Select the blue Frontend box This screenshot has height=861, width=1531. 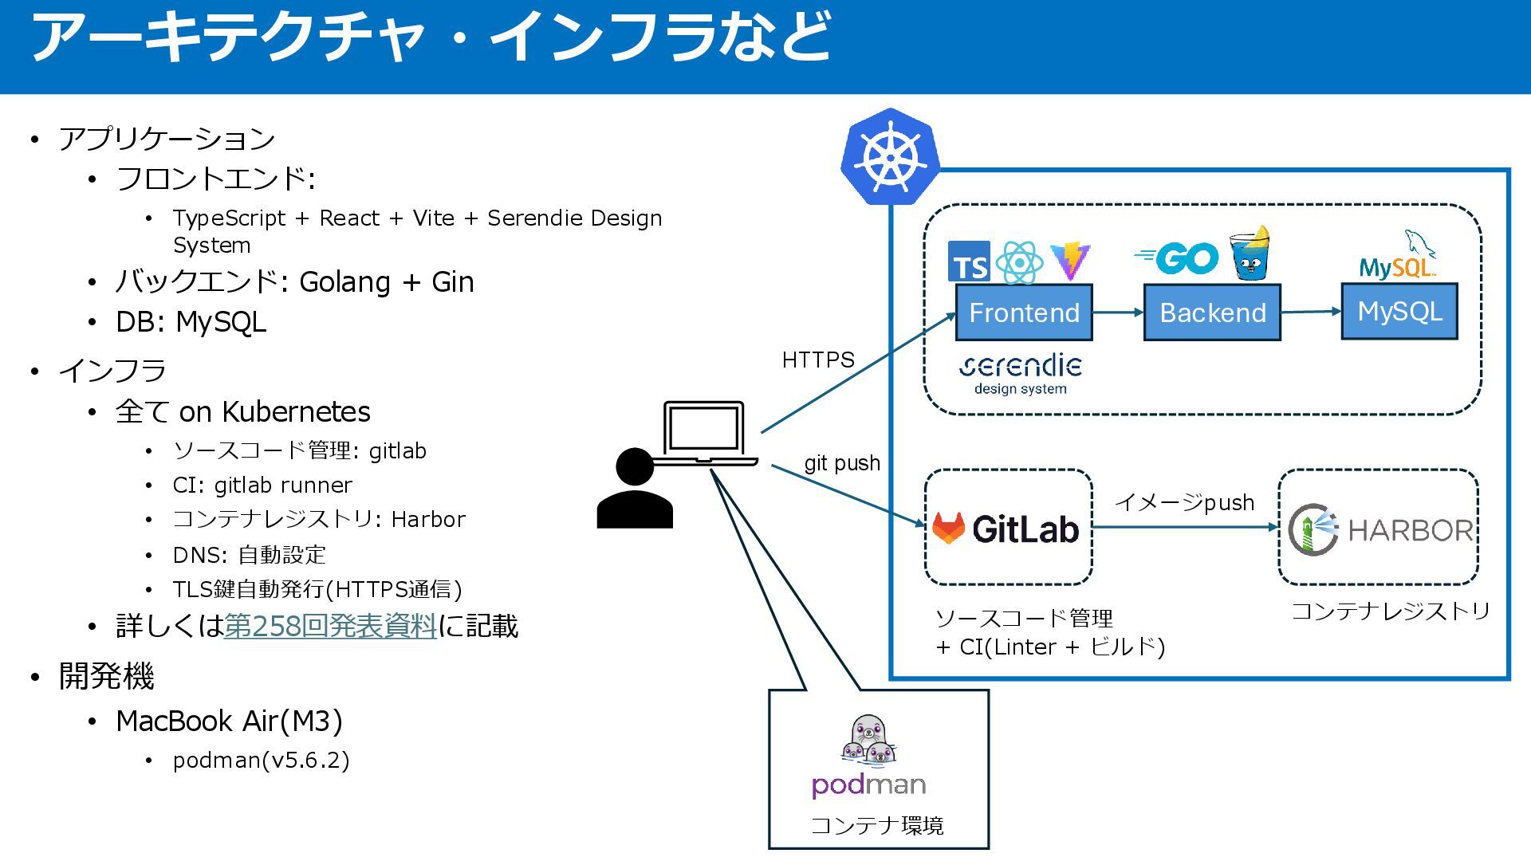coord(1024,313)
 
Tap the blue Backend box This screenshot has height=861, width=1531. coord(1212,313)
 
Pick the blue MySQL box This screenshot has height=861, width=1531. coord(1399,311)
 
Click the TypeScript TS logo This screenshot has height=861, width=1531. coord(969,262)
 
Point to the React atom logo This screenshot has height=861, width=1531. coord(1020,262)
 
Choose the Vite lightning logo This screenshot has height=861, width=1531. coord(1070,261)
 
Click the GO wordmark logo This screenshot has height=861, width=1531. coord(1177,258)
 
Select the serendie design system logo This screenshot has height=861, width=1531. coord(1021,375)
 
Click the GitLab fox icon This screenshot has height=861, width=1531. coord(949,528)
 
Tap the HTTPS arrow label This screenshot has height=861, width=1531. coord(818,360)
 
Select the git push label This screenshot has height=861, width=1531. coord(842,463)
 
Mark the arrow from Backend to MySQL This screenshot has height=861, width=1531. coord(1311,312)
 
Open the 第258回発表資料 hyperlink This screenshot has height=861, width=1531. coord(330,627)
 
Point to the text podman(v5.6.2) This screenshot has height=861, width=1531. coord(262,761)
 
